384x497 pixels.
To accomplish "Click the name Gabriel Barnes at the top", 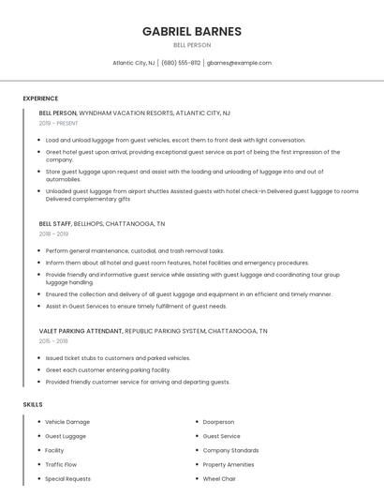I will point(192,31).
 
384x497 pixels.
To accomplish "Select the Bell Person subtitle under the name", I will point(192,45).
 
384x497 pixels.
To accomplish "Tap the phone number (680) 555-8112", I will point(181,63).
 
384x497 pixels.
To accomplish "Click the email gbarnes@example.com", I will point(239,63).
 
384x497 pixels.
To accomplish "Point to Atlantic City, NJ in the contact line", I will point(133,63).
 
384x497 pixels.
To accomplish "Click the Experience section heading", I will point(40,98).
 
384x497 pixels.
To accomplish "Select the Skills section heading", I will point(33,404).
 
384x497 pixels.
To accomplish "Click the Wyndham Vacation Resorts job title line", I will point(135,113).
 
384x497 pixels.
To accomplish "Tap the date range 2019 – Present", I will point(59,123).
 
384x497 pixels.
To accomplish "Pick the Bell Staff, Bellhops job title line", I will point(102,224).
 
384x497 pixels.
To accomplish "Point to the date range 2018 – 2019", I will point(53,234).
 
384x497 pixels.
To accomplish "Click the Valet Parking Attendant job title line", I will point(153,331).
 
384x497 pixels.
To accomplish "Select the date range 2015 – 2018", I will point(53,341).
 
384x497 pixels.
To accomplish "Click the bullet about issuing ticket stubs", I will point(118,358).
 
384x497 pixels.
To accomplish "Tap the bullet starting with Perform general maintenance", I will point(135,251).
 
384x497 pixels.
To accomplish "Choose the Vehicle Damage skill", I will point(67,422).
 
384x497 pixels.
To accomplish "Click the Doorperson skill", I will point(219,422).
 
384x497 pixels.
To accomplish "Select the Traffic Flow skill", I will point(61,464).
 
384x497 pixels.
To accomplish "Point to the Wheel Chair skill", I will point(219,478).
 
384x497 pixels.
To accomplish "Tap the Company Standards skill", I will point(230,450).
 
